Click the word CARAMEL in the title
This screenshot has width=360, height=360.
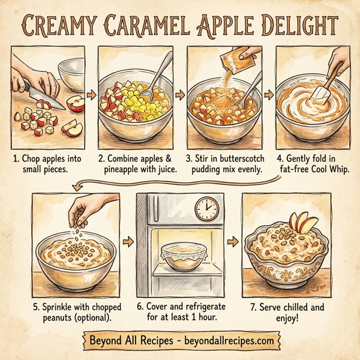click(147, 25)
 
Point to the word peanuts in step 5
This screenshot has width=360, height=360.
click(57, 316)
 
